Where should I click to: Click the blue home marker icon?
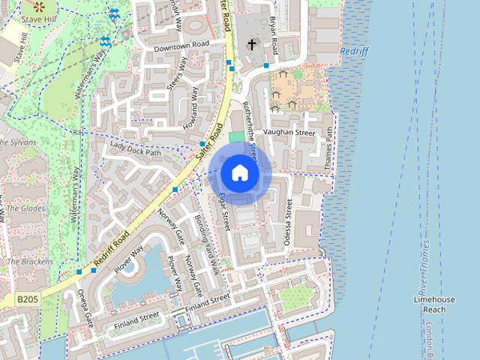click(x=240, y=173)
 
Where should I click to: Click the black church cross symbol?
click(x=251, y=44)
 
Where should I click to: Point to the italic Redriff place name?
click(x=354, y=51)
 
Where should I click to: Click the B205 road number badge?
click(x=27, y=299)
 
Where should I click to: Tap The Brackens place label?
click(x=30, y=262)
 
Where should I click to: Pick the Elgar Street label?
click(x=222, y=211)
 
